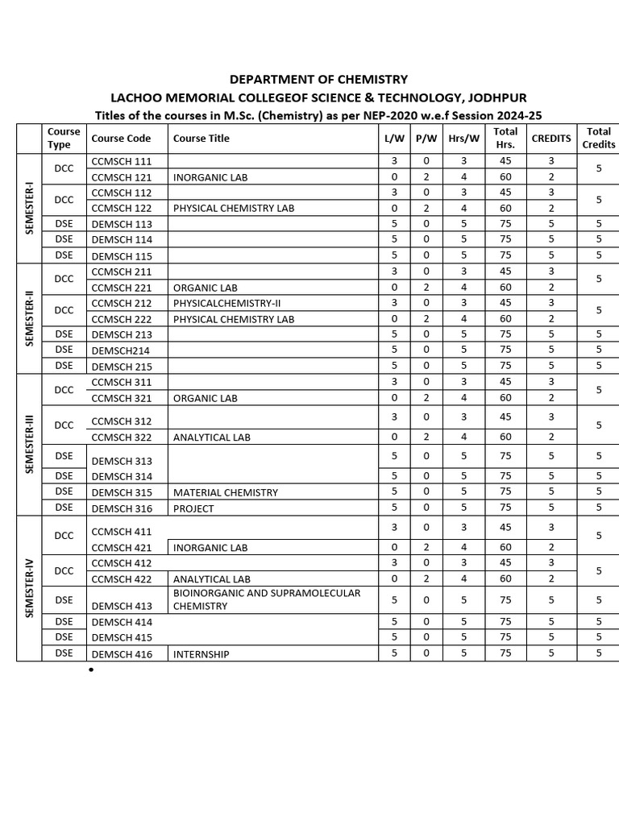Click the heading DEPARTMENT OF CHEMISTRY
(x=318, y=80)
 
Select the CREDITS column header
(x=551, y=139)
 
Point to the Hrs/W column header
(x=463, y=139)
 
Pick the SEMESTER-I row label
(x=29, y=208)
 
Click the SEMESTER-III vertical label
(x=29, y=445)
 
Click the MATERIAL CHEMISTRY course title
(x=226, y=492)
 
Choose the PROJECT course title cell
(x=193, y=508)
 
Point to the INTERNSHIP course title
(x=201, y=654)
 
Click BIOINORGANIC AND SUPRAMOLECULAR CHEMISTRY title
(x=267, y=599)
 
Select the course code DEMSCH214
(x=121, y=350)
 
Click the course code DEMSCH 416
(x=122, y=654)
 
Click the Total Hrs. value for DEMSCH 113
(x=505, y=224)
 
